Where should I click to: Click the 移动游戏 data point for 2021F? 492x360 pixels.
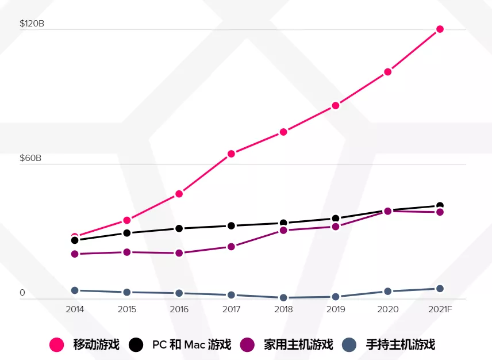[440, 29]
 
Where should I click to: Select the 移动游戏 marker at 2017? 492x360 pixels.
[231, 154]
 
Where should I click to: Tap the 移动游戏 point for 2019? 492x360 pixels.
[336, 105]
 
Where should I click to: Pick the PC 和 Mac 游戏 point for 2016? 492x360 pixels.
[179, 228]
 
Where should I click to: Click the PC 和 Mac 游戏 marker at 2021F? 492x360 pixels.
[440, 206]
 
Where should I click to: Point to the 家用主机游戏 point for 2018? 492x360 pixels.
[283, 230]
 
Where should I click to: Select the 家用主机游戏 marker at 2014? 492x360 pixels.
[75, 254]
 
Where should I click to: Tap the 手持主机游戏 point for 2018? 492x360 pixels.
[283, 298]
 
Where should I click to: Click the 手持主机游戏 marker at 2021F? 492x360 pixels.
[440, 289]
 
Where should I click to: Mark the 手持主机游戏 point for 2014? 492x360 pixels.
[75, 290]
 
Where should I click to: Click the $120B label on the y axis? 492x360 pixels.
[32, 24]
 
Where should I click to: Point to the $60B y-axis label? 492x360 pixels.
[31, 158]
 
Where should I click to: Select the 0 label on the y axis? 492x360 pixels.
[22, 293]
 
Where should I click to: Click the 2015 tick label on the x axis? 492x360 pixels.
[127, 309]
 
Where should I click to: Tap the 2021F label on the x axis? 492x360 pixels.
[440, 309]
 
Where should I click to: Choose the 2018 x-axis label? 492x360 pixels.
[283, 309]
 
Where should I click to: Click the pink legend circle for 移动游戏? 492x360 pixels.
[57, 344]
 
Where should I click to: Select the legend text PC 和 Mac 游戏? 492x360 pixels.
[191, 344]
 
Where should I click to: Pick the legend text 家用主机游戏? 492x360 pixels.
[298, 344]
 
